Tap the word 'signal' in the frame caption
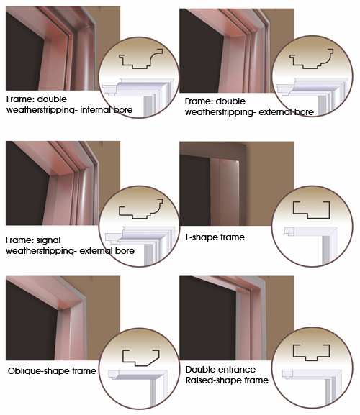coord(48,240)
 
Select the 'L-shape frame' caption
coord(215,237)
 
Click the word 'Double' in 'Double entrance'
coord(199,369)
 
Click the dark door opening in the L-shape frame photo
coord(194,190)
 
